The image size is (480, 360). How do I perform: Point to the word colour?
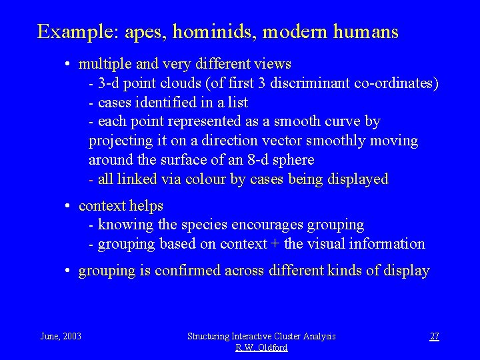point(204,179)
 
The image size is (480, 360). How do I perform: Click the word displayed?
point(357,179)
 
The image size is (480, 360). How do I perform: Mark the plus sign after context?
point(275,245)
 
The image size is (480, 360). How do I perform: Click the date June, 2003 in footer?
point(61,336)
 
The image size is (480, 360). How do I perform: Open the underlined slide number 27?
point(434,336)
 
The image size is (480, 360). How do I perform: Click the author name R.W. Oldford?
point(261,348)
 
